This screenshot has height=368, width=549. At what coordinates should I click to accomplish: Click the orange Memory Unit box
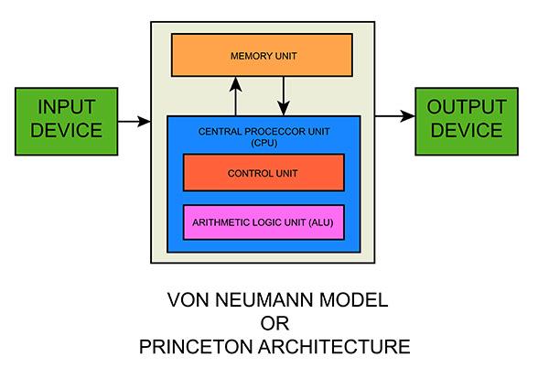click(x=262, y=56)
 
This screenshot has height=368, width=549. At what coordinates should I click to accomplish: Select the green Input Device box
click(x=66, y=119)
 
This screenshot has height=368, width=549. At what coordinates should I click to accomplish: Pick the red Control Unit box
click(x=264, y=172)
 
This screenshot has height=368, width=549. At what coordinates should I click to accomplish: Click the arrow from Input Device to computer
click(x=135, y=120)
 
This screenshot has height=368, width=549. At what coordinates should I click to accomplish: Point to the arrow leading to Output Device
click(x=393, y=115)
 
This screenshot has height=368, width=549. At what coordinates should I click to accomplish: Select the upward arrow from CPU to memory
click(x=236, y=96)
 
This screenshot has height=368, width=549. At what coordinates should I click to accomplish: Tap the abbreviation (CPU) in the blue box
click(x=263, y=143)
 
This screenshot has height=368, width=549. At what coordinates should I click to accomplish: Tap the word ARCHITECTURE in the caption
click(x=336, y=347)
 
